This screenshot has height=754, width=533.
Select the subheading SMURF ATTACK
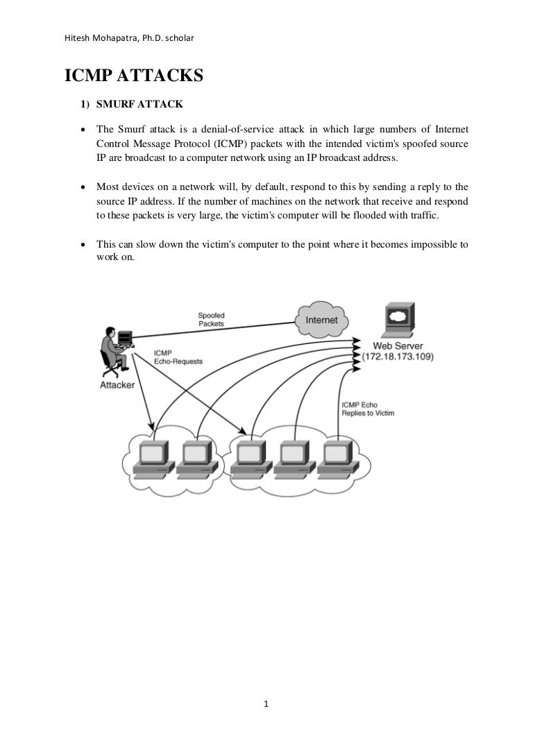(x=139, y=105)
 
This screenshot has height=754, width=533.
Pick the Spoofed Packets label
(x=211, y=319)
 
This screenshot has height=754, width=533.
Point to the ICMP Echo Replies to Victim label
(x=368, y=409)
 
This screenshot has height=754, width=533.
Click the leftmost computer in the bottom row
(x=152, y=459)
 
